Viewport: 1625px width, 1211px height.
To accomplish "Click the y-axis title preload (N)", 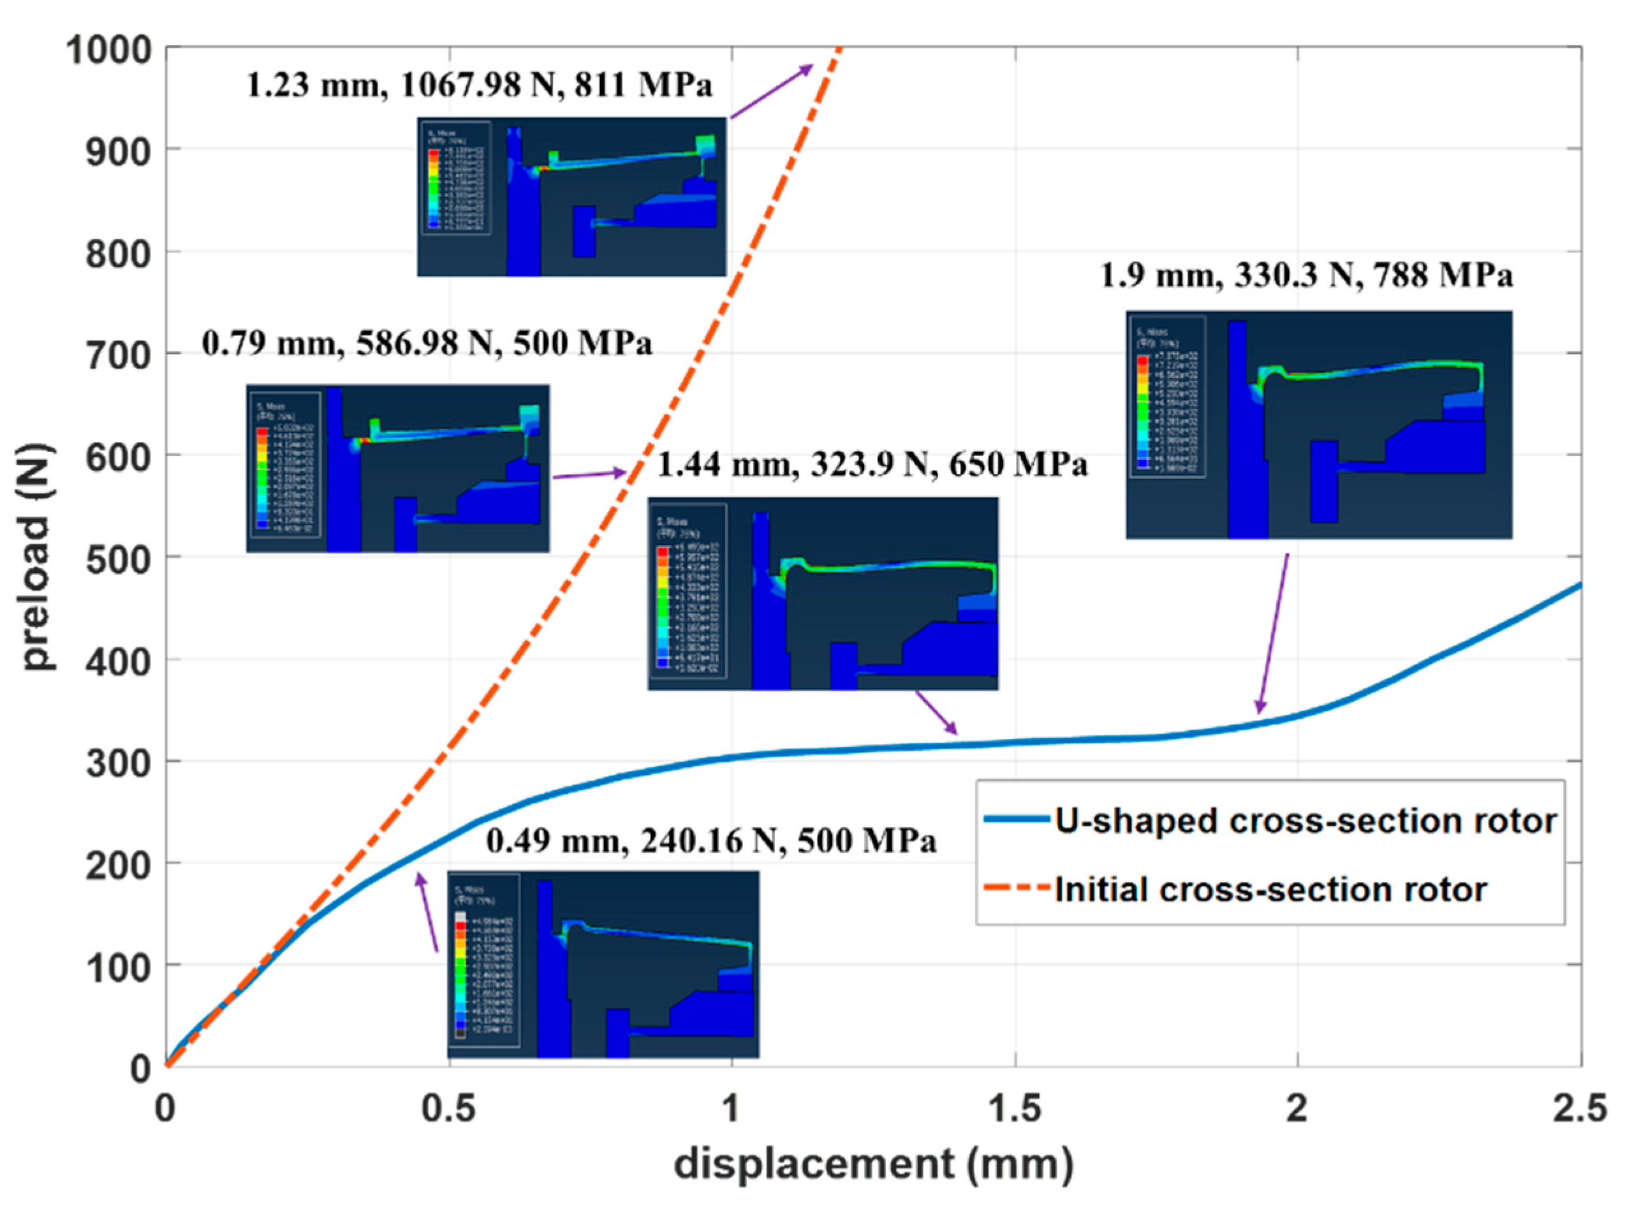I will pyautogui.click(x=36, y=557).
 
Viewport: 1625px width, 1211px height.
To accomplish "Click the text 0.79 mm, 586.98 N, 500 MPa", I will pyautogui.click(x=427, y=343).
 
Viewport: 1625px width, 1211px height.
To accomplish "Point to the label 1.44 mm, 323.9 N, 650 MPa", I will pyautogui.click(x=872, y=464).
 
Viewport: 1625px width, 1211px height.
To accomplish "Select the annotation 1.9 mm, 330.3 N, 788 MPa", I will pyautogui.click(x=1307, y=275).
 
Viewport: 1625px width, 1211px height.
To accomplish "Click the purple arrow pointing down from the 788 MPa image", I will pyautogui.click(x=1273, y=633).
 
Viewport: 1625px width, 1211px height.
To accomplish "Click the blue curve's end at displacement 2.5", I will pyautogui.click(x=1580, y=585).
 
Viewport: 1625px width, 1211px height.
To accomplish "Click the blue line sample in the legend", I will pyautogui.click(x=1016, y=819).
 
